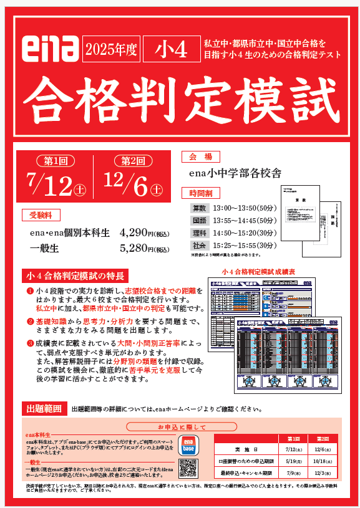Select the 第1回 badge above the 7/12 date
[56, 160]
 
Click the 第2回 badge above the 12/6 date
[133, 160]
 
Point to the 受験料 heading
[42, 215]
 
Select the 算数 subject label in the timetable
[200, 208]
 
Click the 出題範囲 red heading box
[43, 409]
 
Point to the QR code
[188, 467]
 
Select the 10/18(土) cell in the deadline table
[323, 462]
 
